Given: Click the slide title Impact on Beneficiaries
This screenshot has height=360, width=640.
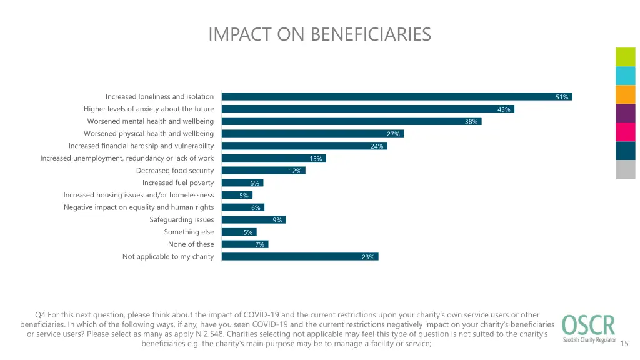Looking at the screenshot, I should pyautogui.click(x=319, y=34).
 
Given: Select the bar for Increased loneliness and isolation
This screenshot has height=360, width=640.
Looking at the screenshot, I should pyautogui.click(x=396, y=97).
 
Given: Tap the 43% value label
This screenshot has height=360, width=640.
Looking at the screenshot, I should pyautogui.click(x=504, y=109).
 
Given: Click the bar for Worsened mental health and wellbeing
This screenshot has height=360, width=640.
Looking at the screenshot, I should pyautogui.click(x=351, y=121).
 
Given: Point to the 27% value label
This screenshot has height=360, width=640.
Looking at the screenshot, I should pyautogui.click(x=393, y=134).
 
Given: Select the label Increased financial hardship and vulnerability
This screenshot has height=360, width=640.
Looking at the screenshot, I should pyautogui.click(x=141, y=146).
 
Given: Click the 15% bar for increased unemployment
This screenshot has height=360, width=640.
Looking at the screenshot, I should pyautogui.click(x=274, y=158).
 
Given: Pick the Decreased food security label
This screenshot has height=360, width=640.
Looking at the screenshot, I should pyautogui.click(x=175, y=170).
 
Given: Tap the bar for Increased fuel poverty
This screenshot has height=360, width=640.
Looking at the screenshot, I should pyautogui.click(x=242, y=182).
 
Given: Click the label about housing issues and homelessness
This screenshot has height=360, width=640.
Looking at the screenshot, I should pyautogui.click(x=139, y=195).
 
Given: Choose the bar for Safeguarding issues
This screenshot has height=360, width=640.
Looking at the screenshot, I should pyautogui.click(x=253, y=219).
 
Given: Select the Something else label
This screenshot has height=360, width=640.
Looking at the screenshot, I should pyautogui.click(x=189, y=232).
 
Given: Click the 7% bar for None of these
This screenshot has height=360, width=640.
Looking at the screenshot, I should pyautogui.click(x=244, y=244).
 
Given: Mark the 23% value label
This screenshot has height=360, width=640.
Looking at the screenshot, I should pyautogui.click(x=368, y=257).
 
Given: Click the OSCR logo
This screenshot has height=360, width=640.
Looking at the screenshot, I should pyautogui.click(x=588, y=329).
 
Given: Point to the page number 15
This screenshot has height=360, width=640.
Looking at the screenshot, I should pyautogui.click(x=626, y=342).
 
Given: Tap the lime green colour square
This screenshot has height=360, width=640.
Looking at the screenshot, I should pyautogui.click(x=625, y=57).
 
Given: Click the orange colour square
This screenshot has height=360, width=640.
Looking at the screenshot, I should pyautogui.click(x=625, y=94).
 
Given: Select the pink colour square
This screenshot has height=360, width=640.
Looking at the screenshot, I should pyautogui.click(x=625, y=132).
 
